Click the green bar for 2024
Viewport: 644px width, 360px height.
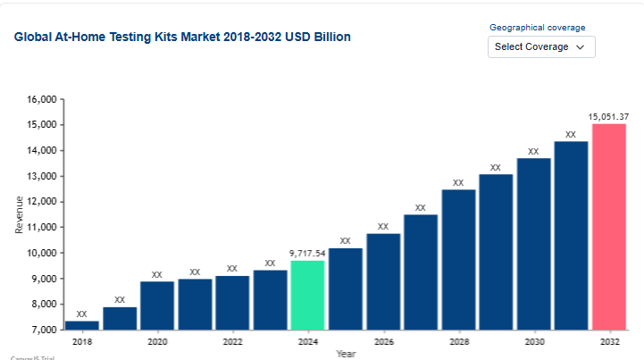[307, 295]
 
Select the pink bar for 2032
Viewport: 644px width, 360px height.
[608, 227]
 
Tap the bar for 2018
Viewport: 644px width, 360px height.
[82, 325]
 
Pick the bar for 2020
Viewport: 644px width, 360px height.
[157, 306]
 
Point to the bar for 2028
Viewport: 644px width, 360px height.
[458, 259]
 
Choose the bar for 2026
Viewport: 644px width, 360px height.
[383, 281]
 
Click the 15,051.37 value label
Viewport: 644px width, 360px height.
[608, 116]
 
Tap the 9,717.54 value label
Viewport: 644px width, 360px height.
[307, 253]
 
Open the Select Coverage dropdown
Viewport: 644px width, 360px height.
[540, 46]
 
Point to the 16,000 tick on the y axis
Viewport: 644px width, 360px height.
[42, 99]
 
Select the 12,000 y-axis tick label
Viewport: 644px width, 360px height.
[42, 202]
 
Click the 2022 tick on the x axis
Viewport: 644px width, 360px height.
[232, 341]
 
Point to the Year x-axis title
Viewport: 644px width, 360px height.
[346, 354]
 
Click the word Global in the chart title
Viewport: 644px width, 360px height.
[32, 38]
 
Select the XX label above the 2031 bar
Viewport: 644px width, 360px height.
[571, 135]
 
